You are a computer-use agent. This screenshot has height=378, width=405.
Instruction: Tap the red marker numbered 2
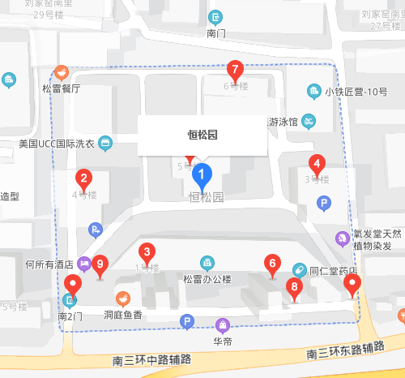[x=83, y=178]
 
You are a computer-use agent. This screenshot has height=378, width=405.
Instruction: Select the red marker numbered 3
[x=147, y=251]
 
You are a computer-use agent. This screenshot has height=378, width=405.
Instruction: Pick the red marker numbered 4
[x=318, y=162]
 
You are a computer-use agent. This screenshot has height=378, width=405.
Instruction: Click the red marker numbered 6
[x=272, y=264]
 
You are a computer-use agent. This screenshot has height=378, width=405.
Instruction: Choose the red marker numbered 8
[x=294, y=286]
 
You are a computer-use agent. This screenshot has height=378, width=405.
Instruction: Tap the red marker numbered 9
[x=100, y=264]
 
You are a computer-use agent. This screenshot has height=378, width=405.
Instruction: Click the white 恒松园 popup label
[x=202, y=135]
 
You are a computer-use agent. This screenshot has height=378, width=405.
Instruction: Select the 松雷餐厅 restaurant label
[x=62, y=88]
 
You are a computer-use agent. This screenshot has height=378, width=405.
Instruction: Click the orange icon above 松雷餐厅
[x=62, y=72]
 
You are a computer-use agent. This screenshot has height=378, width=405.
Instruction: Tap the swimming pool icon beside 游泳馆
[x=309, y=122]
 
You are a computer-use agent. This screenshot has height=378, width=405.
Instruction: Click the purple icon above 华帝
[x=222, y=326]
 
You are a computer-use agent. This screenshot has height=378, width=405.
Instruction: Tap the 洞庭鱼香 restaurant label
[x=123, y=313]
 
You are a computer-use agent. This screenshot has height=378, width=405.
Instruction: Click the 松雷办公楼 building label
[x=207, y=279]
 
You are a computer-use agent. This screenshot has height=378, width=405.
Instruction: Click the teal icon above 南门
[x=215, y=17]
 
